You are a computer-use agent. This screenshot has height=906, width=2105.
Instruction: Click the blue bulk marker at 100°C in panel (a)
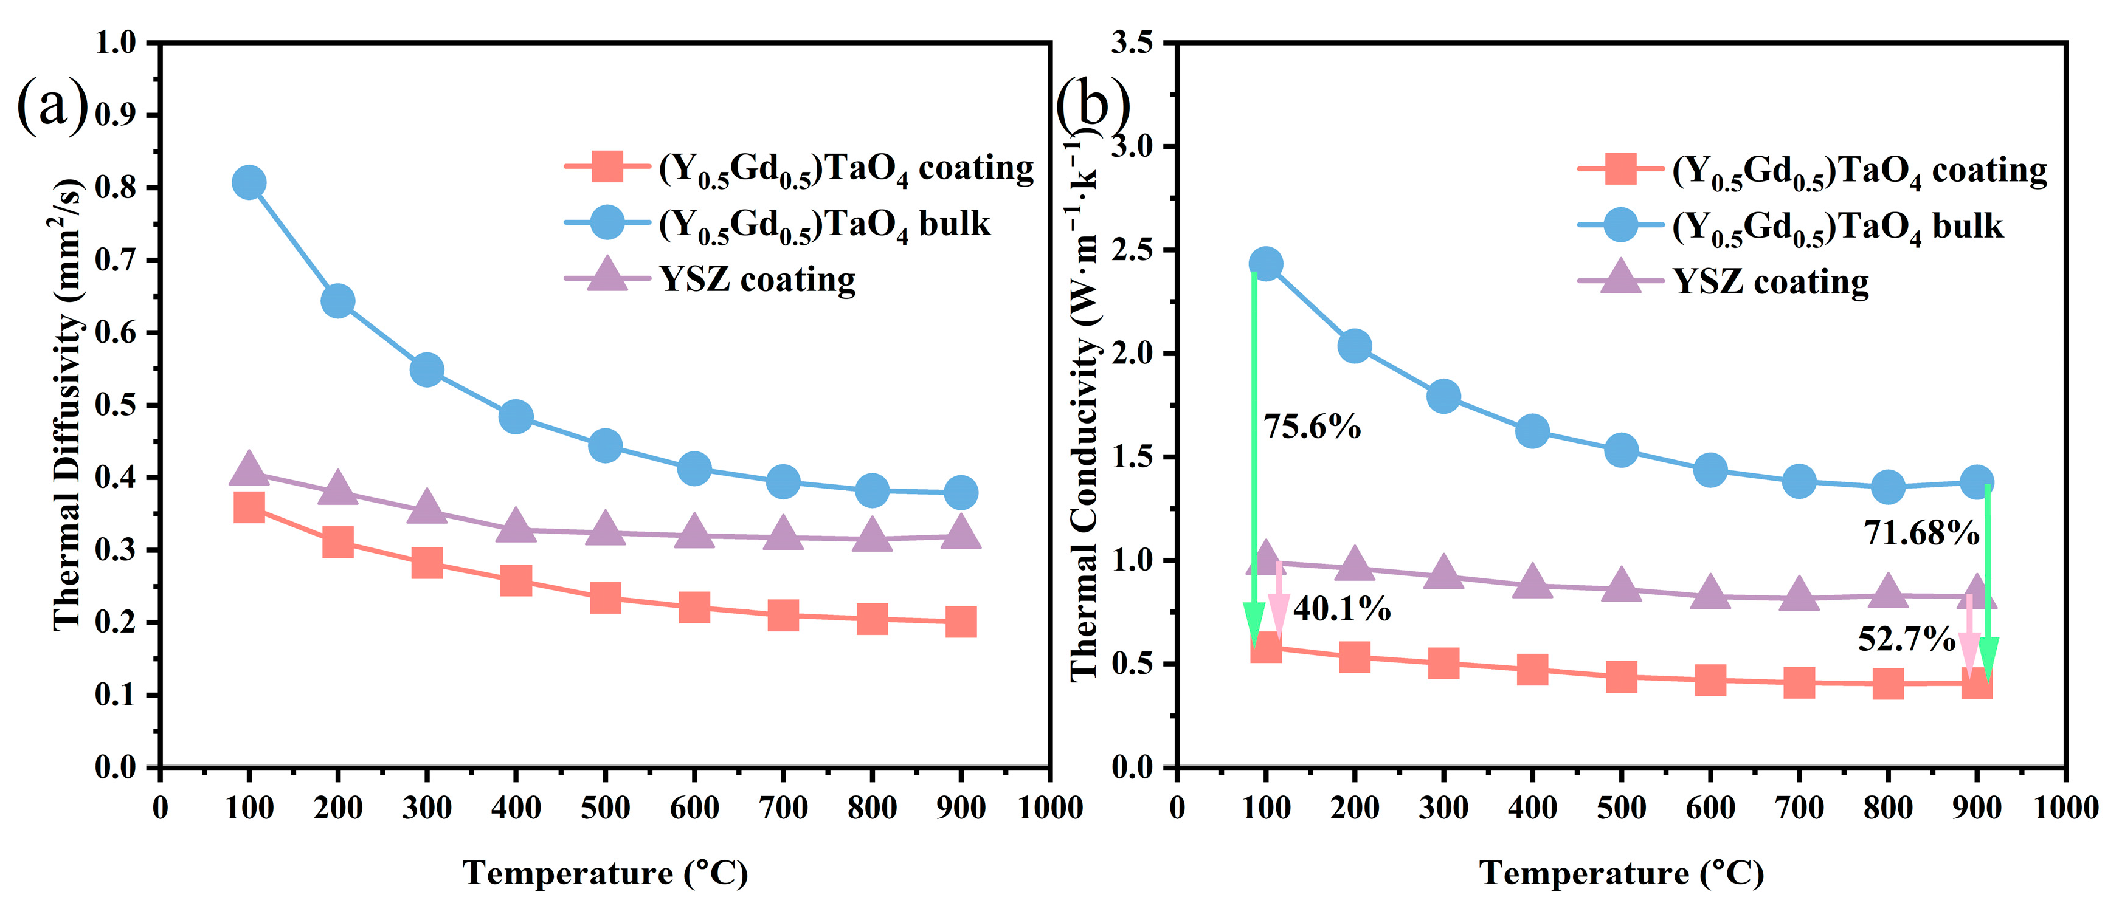click(249, 182)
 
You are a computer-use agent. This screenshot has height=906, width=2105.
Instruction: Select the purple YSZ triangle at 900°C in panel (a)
click(960, 533)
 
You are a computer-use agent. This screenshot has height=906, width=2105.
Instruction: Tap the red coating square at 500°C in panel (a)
click(605, 597)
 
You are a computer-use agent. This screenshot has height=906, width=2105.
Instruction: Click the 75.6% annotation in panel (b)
click(1312, 427)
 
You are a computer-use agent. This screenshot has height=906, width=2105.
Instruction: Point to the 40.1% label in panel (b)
click(1341, 609)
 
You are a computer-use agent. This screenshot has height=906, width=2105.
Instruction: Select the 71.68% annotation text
click(1921, 534)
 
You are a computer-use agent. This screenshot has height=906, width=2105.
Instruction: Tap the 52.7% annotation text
click(1906, 639)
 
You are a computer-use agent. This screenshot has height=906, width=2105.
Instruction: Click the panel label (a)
click(52, 105)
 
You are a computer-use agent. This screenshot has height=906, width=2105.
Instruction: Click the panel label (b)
click(1093, 105)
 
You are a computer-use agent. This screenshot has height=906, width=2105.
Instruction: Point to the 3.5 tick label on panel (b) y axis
click(1132, 43)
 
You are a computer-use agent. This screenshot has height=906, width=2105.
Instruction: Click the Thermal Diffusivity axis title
click(69, 405)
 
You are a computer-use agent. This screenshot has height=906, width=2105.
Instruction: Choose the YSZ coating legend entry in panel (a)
click(756, 280)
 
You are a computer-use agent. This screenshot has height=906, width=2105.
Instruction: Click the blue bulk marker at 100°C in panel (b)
click(1265, 264)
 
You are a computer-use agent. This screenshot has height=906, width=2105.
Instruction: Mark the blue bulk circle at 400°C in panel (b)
click(1532, 431)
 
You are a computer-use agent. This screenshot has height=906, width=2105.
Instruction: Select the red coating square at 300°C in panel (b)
click(1443, 662)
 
